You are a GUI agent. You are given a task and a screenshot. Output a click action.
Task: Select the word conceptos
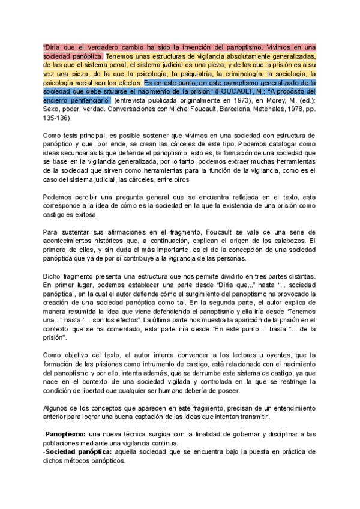(113, 409)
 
